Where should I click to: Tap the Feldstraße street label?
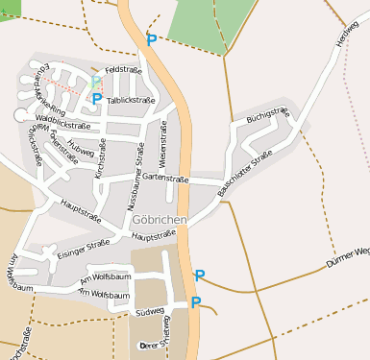point(124,71)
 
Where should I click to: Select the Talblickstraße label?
point(132,100)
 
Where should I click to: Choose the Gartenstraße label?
point(162,178)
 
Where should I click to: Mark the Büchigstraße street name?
point(266,116)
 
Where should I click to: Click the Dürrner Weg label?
point(347,253)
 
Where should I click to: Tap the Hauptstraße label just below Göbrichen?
point(155,236)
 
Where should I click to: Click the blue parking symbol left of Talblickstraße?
point(97,99)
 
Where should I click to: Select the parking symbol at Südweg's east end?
point(196,303)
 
